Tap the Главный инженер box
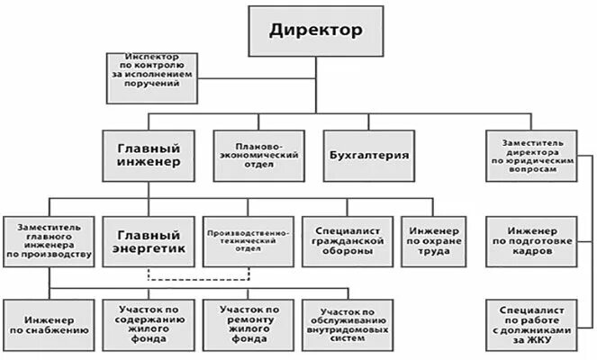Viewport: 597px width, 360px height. [x=149, y=155]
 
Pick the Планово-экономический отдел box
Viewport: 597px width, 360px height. [x=258, y=155]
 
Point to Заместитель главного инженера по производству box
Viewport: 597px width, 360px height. [x=48, y=242]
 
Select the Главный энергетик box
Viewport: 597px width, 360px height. [x=149, y=241]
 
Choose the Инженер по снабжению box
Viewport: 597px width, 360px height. [x=48, y=324]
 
